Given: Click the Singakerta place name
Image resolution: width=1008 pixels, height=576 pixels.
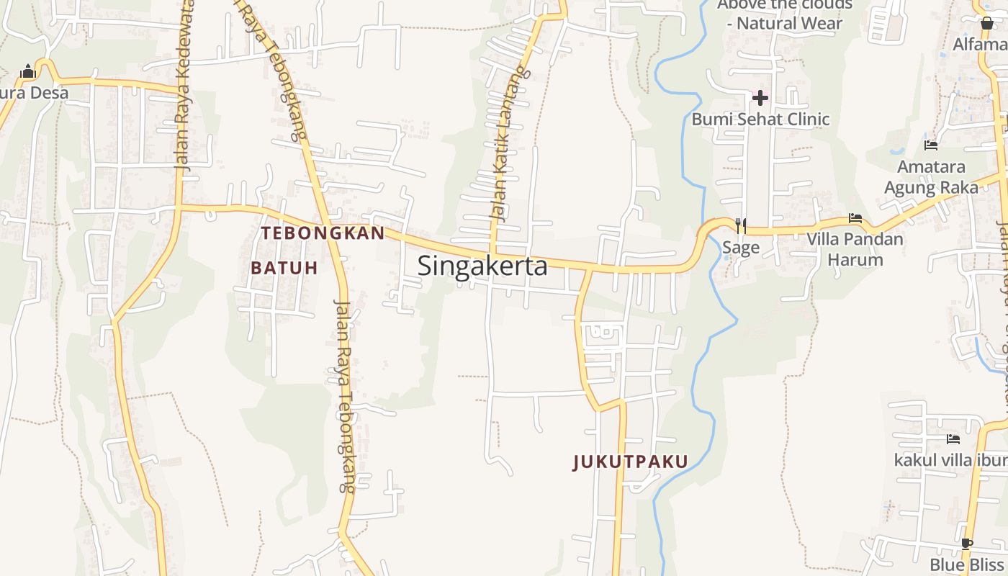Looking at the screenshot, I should pos(482,266).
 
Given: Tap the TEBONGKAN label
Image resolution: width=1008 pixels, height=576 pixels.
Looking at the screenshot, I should pos(323,233).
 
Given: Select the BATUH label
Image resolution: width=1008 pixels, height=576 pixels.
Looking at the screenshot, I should pos(284,268).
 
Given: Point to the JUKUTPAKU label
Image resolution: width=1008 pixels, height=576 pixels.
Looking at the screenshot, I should pos(630,462).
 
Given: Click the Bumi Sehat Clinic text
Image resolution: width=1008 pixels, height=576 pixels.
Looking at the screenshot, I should pos(760,119).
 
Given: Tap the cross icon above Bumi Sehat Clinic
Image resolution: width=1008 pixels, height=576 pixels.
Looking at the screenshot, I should pos(760,97).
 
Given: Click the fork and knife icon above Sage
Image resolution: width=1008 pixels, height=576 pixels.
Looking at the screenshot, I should pos(740,226).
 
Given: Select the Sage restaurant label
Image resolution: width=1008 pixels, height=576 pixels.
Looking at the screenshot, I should pos(740,248).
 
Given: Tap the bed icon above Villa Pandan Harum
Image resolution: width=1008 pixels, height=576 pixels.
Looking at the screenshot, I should pos(855,218).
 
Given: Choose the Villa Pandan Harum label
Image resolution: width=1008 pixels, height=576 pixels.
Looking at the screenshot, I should pos(855,248).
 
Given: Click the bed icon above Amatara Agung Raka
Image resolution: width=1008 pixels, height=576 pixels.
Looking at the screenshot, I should pos(931,145).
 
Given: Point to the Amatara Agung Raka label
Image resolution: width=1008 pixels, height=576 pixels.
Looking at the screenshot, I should pos(931,177).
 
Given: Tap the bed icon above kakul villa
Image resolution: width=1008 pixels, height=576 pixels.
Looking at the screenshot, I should pos(953,438).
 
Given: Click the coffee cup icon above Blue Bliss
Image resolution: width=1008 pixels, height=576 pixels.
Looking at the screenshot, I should pos(966,544).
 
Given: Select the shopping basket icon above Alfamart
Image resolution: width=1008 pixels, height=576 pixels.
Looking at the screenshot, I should pos(987,23).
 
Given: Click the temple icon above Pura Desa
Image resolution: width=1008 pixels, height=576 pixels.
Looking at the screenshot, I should pos(28,71).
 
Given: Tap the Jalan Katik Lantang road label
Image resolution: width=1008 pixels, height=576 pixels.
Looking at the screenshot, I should pos(508,144).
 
